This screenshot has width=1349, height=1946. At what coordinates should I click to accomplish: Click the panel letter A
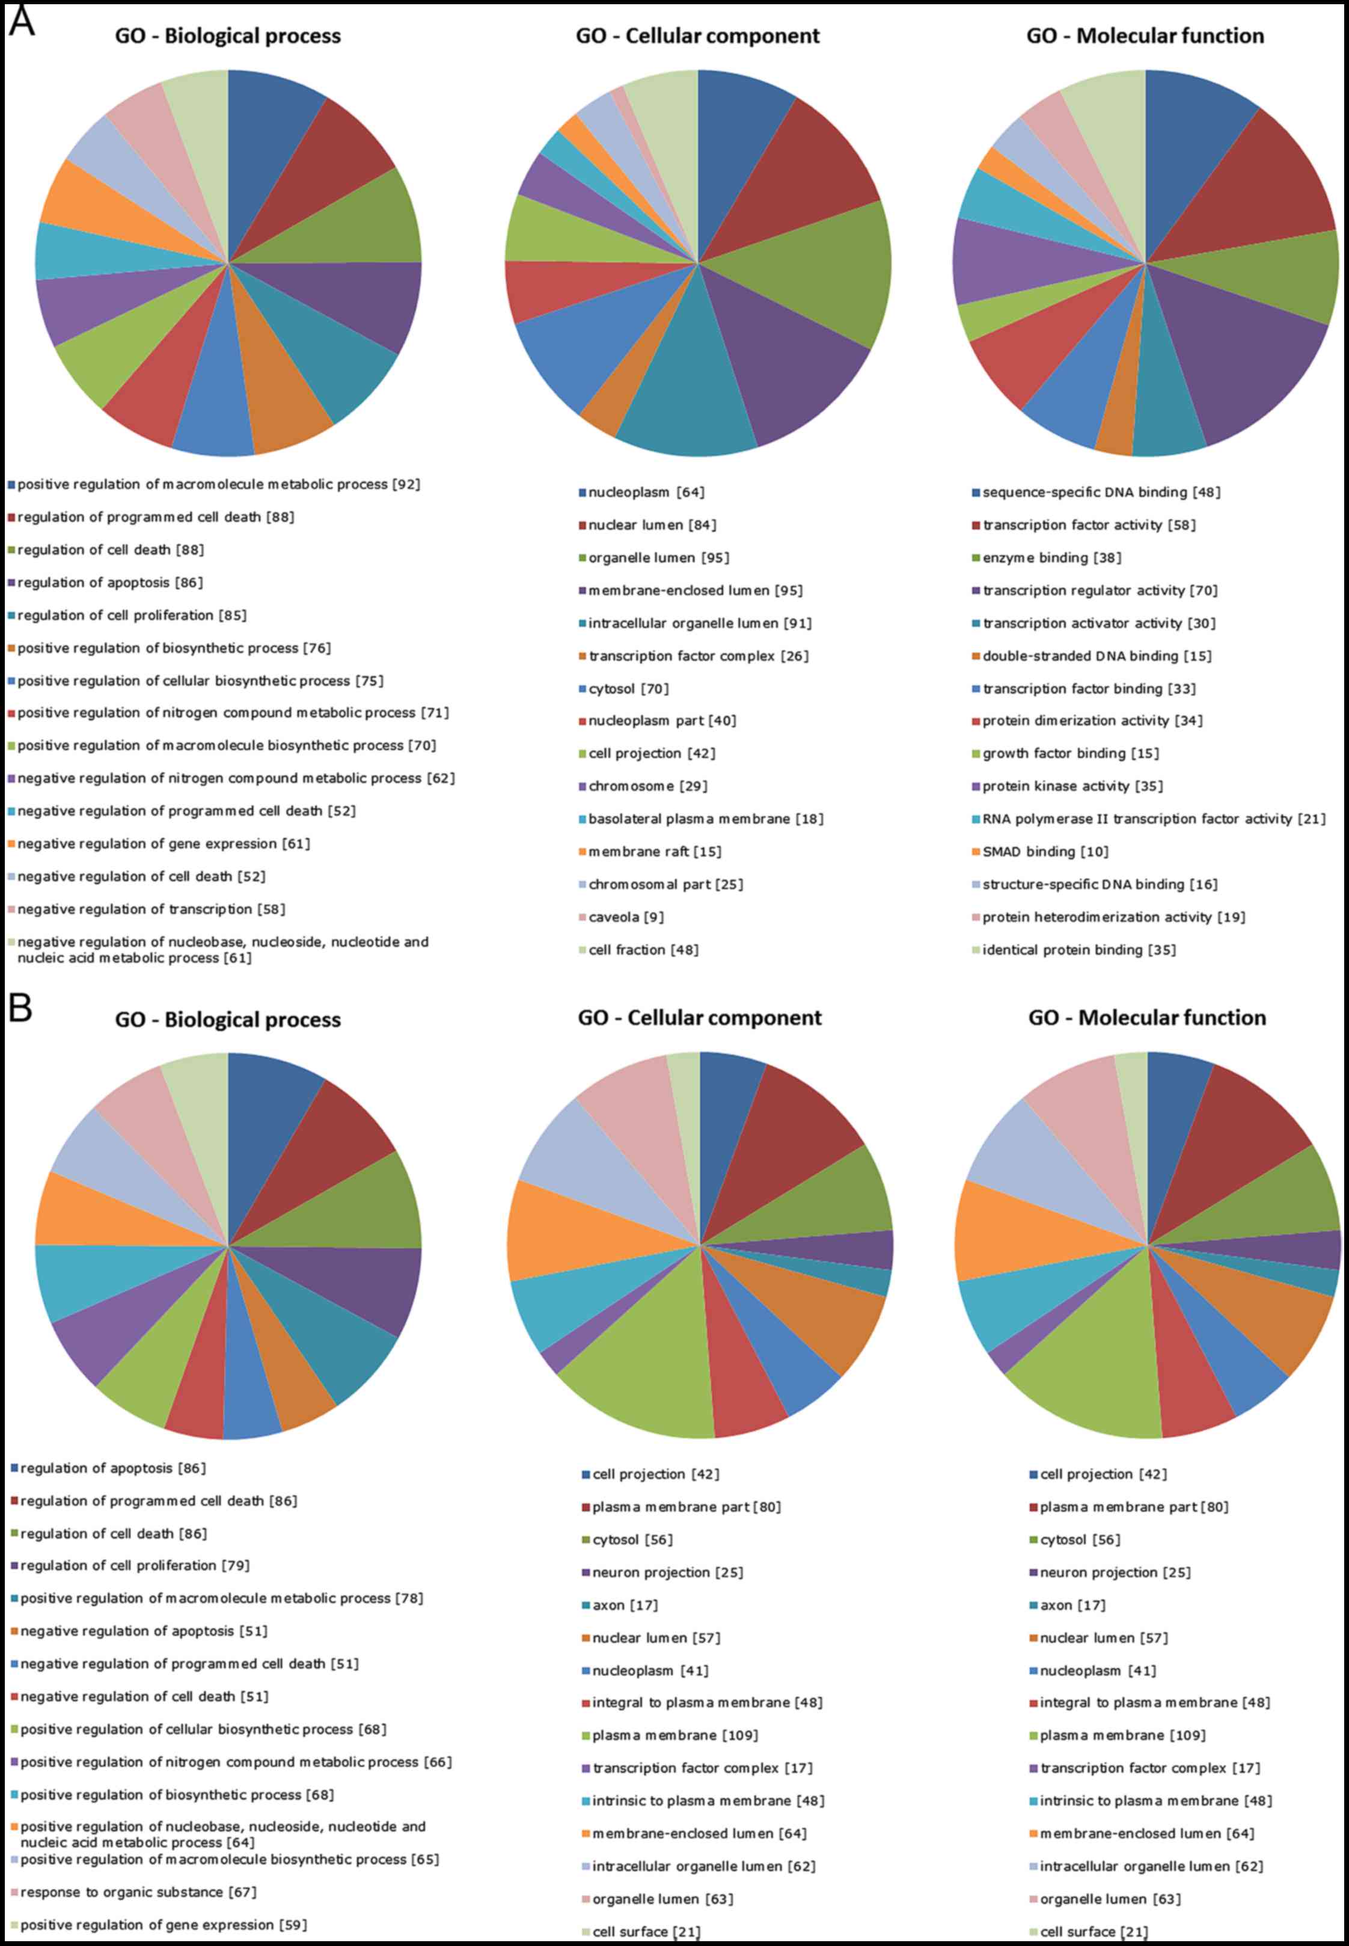coord(21,20)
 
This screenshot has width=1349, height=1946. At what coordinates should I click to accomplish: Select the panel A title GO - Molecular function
coord(1145,36)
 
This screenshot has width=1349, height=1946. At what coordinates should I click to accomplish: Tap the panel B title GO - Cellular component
coord(699,1017)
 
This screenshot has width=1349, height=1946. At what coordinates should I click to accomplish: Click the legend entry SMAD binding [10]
coord(1045,852)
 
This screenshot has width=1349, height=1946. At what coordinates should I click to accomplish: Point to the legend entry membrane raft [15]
coord(654,852)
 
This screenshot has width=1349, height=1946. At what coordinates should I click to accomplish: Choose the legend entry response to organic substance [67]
coord(138,1892)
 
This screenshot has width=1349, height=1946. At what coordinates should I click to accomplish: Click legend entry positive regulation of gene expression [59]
coord(163,1925)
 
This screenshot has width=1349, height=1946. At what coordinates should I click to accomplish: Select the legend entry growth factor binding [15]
coord(1070,754)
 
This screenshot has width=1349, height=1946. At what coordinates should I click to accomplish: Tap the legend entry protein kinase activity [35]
coord(1072,786)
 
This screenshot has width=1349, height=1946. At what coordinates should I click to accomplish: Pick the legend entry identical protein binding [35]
coord(1078,950)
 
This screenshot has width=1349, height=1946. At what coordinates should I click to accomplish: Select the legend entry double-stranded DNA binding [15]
coord(1097,656)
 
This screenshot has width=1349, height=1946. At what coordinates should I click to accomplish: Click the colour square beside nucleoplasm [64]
coord(583,492)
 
